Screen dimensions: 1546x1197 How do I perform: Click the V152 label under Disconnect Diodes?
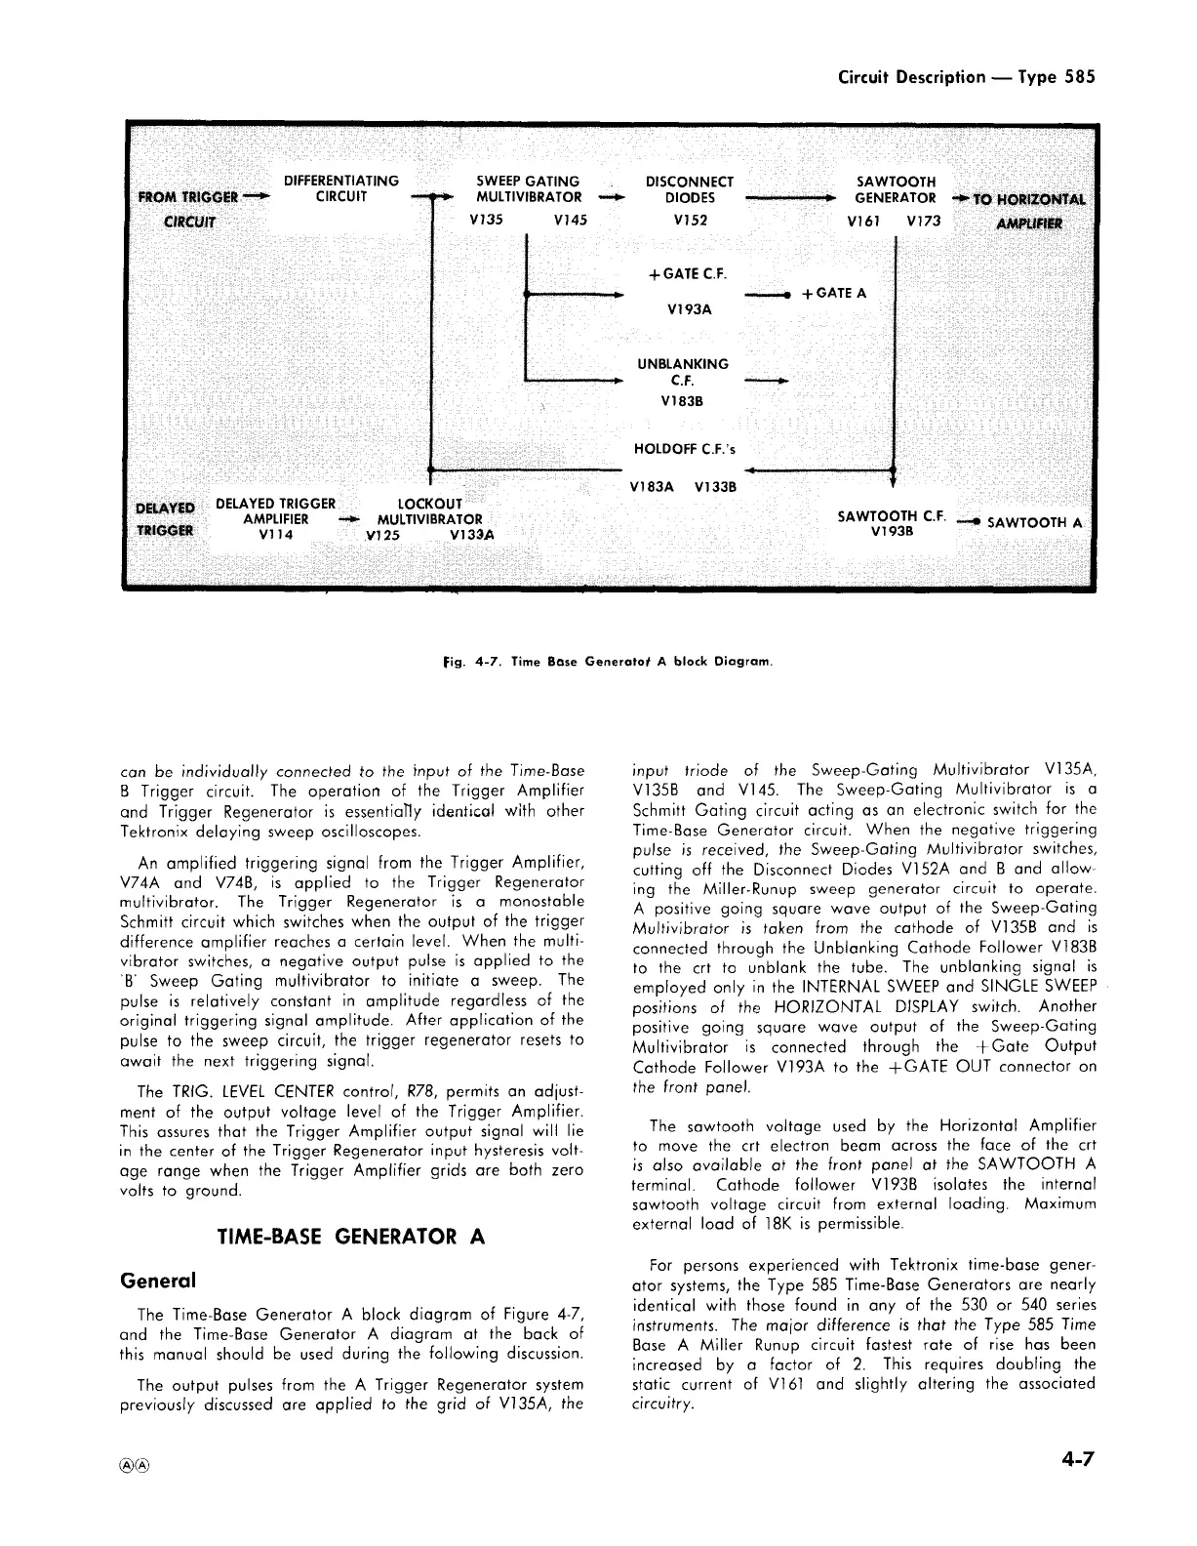tap(690, 221)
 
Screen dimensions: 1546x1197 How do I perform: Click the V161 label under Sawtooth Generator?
tap(865, 221)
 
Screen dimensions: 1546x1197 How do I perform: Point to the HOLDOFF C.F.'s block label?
tap(685, 449)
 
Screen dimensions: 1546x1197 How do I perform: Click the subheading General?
tap(157, 1280)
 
